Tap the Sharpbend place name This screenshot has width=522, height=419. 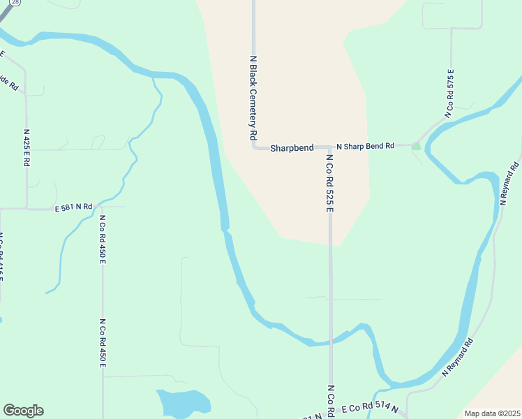[x=292, y=148]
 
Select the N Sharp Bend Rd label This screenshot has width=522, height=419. [x=365, y=147]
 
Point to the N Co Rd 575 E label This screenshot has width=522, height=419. [x=451, y=93]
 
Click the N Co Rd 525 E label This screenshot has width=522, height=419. [x=329, y=183]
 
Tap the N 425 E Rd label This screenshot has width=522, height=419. [x=27, y=147]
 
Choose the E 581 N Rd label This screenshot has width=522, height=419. [x=74, y=207]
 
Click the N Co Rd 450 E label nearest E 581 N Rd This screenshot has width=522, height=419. [x=102, y=239]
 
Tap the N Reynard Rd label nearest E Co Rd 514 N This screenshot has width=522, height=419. [x=458, y=358]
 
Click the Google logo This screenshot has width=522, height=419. [x=23, y=411]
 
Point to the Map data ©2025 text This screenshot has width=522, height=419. [x=492, y=413]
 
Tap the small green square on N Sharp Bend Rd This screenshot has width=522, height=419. [x=417, y=146]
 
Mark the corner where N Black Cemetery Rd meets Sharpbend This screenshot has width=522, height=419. [x=254, y=147]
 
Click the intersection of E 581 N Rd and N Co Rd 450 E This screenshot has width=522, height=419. [x=102, y=207]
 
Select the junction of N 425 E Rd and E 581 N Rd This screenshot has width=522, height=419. [x=27, y=208]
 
